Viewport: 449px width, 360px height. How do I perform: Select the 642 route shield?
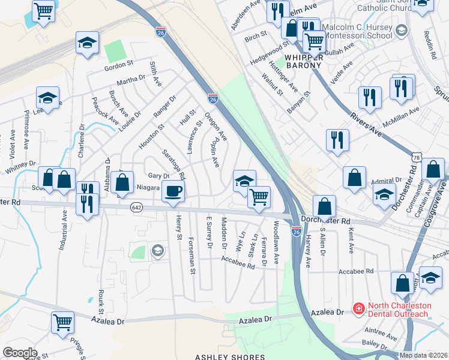(x=136, y=207)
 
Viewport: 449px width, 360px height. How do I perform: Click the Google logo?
(x=20, y=353)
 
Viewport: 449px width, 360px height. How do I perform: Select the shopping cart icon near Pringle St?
(x=62, y=322)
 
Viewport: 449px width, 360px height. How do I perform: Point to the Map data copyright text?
(x=423, y=355)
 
